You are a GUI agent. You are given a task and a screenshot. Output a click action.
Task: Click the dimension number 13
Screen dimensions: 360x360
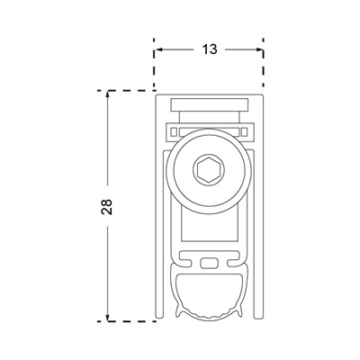pos(209,50)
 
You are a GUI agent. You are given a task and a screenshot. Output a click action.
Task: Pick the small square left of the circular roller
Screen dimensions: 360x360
pos(171,132)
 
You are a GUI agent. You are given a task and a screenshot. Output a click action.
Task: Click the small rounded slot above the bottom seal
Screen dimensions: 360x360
pos(209,263)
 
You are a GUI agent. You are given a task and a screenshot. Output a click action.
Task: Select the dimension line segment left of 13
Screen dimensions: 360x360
pos(175,50)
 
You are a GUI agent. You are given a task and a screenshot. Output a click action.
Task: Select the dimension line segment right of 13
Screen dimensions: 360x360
pos(243,50)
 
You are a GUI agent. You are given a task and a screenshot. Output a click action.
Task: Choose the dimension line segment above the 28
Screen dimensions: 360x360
pos(108,144)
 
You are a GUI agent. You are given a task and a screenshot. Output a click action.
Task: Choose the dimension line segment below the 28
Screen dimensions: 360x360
pos(108,270)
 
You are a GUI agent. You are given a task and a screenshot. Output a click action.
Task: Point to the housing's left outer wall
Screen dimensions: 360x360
pos(158,207)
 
